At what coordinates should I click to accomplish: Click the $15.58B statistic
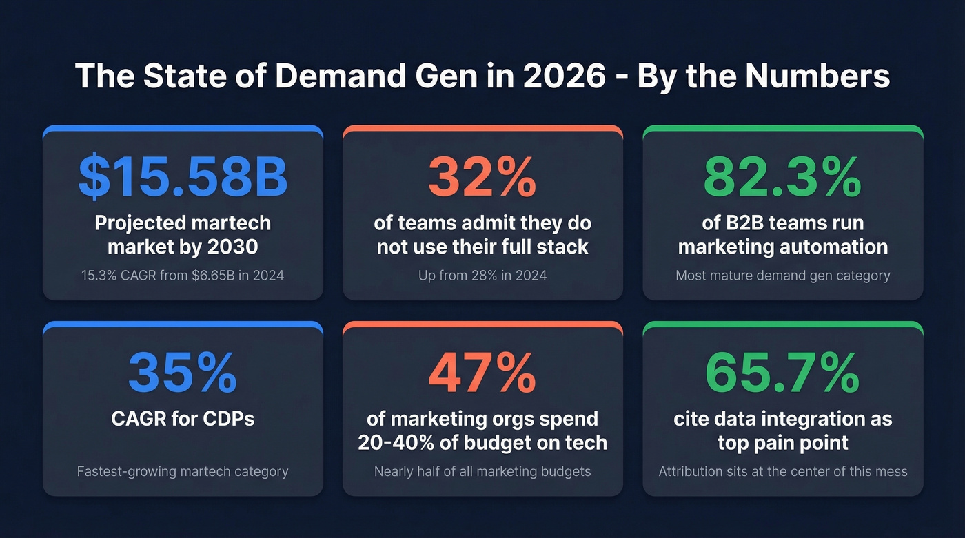click(x=183, y=176)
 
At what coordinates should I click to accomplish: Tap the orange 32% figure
click(x=482, y=176)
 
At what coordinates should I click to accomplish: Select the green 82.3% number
click(x=782, y=176)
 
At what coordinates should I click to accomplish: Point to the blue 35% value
click(x=183, y=373)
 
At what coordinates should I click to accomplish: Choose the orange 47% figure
click(x=482, y=373)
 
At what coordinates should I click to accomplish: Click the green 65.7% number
click(x=782, y=373)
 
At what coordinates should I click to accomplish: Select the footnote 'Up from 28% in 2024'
click(x=482, y=276)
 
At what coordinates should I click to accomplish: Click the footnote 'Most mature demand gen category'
click(x=782, y=276)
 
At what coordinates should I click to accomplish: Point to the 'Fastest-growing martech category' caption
click(x=183, y=472)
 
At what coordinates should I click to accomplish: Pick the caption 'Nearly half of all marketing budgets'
click(x=482, y=472)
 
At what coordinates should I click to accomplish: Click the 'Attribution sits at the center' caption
click(x=782, y=472)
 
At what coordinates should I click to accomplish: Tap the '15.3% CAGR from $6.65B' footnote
click(x=183, y=276)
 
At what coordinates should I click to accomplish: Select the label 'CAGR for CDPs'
click(x=183, y=418)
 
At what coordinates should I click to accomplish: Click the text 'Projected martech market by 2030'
click(x=183, y=235)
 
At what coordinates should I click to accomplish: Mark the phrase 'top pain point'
click(x=782, y=442)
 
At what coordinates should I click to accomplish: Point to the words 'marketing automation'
click(x=782, y=247)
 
